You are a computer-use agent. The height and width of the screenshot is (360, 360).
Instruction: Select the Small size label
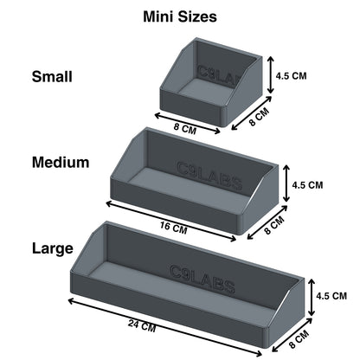pyautogui.click(x=52, y=76)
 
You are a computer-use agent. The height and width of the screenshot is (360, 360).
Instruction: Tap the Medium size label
pyautogui.click(x=61, y=162)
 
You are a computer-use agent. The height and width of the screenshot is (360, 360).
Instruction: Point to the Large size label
pyautogui.click(x=53, y=248)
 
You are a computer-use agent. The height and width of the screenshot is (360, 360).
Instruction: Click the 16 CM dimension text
pyautogui.click(x=174, y=229)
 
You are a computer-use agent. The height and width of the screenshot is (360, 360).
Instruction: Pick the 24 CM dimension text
pyautogui.click(x=143, y=327)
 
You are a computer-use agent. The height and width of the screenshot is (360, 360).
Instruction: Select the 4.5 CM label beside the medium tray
pyautogui.click(x=306, y=184)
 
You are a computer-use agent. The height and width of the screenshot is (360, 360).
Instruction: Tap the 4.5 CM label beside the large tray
pyautogui.click(x=332, y=295)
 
